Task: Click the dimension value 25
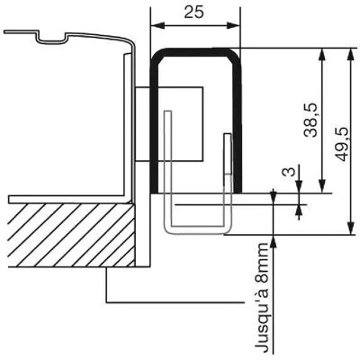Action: [x=193, y=13]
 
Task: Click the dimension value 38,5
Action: [x=310, y=120]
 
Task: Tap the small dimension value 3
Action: [x=288, y=172]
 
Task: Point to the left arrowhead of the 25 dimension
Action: [x=157, y=25]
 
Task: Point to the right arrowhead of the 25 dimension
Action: [x=233, y=25]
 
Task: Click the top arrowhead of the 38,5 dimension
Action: [x=322, y=56]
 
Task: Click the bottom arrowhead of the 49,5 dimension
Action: [x=350, y=228]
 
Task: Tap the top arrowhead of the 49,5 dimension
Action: [x=350, y=56]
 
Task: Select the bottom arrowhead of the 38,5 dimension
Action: [x=322, y=185]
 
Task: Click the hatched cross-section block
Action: [x=71, y=235]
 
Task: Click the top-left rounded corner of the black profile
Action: [x=157, y=54]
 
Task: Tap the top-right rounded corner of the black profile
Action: [x=234, y=54]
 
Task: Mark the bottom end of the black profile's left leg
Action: [x=154, y=191]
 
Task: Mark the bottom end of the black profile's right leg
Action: [x=238, y=191]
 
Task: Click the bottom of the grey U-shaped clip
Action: [x=198, y=229]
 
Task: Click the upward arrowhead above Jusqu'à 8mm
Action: [x=273, y=242]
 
